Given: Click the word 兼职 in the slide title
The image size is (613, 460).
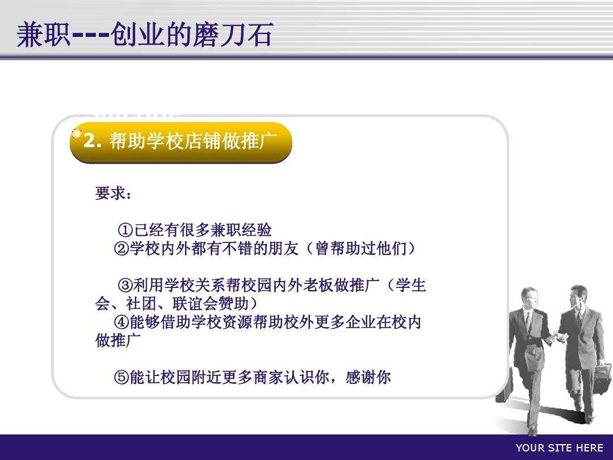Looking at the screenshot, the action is coord(43,35).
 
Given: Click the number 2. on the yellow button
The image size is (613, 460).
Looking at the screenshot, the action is coord(93,140).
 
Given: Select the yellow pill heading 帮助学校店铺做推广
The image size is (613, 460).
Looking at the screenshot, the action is coord(181,143).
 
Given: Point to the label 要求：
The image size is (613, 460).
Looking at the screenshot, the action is coord(114,193).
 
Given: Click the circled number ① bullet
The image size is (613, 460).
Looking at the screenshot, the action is coord(125,230).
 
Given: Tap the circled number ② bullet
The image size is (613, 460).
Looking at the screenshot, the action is coord(121,249).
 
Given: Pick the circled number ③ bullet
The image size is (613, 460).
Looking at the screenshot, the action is coord(125,285).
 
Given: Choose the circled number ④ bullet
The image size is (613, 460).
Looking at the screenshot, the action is coord(121,323).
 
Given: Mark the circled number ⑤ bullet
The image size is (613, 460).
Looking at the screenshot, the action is coord(121,378).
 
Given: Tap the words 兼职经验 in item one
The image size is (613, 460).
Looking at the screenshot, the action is coord(241,230).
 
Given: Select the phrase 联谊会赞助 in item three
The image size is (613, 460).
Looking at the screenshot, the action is coord(211,304).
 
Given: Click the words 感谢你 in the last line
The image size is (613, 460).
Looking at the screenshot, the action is coord(368,378).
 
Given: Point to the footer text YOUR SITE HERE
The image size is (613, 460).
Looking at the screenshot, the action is coord(560,448).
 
